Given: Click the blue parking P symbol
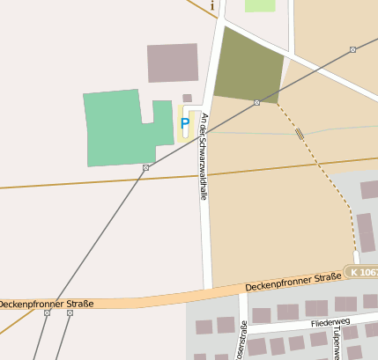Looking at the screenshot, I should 184,124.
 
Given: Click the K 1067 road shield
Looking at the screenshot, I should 361,273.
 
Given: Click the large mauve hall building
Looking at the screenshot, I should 173,62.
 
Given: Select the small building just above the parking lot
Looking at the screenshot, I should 187,98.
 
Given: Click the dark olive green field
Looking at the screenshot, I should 248,66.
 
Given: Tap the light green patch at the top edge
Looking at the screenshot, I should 260,5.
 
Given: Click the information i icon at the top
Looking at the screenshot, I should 212,5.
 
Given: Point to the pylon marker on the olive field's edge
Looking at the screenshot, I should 256,103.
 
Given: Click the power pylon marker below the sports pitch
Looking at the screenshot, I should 146,167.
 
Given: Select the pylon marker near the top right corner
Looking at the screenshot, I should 352,49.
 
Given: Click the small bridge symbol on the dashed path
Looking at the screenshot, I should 300,134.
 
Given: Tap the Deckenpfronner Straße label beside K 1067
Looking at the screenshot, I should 293,282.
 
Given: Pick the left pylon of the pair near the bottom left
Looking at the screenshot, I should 47,312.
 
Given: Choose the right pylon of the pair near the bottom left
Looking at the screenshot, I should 70,312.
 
